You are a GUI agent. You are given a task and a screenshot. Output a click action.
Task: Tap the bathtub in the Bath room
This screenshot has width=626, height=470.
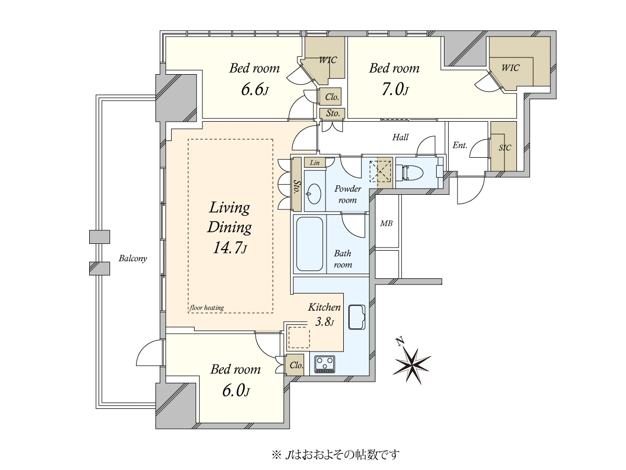(x=310, y=244)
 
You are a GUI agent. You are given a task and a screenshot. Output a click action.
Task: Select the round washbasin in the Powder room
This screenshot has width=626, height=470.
(x=314, y=194)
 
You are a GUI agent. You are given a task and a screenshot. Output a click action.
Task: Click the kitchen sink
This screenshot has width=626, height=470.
(x=357, y=317)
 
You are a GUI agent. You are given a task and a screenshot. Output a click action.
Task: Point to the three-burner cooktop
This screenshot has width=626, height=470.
(x=324, y=364)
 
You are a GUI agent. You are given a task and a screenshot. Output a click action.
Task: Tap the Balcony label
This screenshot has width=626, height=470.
(x=133, y=258)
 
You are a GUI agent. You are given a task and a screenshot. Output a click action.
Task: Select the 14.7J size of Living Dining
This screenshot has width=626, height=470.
(x=230, y=248)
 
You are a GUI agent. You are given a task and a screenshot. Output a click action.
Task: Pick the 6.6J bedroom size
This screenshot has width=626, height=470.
(x=255, y=90)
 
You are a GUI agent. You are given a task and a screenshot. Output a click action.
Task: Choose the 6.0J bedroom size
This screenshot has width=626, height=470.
(x=236, y=391)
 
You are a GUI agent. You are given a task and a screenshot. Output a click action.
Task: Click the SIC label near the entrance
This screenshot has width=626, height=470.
(x=504, y=148)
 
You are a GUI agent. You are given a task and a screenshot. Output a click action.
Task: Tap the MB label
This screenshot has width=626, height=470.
(x=386, y=224)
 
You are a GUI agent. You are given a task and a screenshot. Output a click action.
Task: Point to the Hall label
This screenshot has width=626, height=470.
(x=400, y=137)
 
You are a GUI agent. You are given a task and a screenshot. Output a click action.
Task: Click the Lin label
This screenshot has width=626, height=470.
(x=315, y=162)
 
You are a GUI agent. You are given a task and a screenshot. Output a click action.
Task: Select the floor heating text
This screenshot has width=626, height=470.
(x=207, y=308)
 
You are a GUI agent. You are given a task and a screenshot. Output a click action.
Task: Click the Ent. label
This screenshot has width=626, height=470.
(x=460, y=145)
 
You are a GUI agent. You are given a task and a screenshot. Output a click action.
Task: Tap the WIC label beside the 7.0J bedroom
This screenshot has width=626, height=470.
(x=510, y=68)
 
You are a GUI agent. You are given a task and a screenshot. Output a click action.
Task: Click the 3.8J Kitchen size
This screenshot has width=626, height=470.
(x=324, y=322)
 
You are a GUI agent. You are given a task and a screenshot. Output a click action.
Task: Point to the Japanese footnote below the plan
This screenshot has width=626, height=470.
(x=335, y=454)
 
